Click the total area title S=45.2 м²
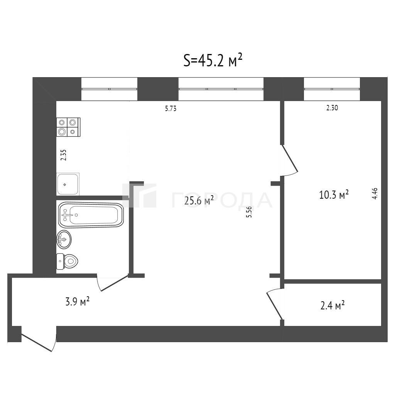click(x=213, y=61)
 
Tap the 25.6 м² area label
click(x=199, y=201)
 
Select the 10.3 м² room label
click(x=334, y=194)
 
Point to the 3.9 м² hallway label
click(x=77, y=301)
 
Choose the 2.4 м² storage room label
click(x=332, y=306)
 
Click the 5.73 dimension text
click(x=171, y=108)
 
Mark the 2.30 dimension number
click(x=332, y=108)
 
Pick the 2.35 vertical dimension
click(x=64, y=155)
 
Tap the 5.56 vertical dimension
click(x=249, y=212)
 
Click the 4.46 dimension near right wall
click(x=375, y=194)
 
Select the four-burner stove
click(x=68, y=127)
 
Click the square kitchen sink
click(x=68, y=184)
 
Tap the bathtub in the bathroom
click(x=91, y=215)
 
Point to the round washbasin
click(x=64, y=239)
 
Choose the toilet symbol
click(x=67, y=262)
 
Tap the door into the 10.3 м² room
click(x=290, y=159)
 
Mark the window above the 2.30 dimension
click(x=332, y=89)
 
